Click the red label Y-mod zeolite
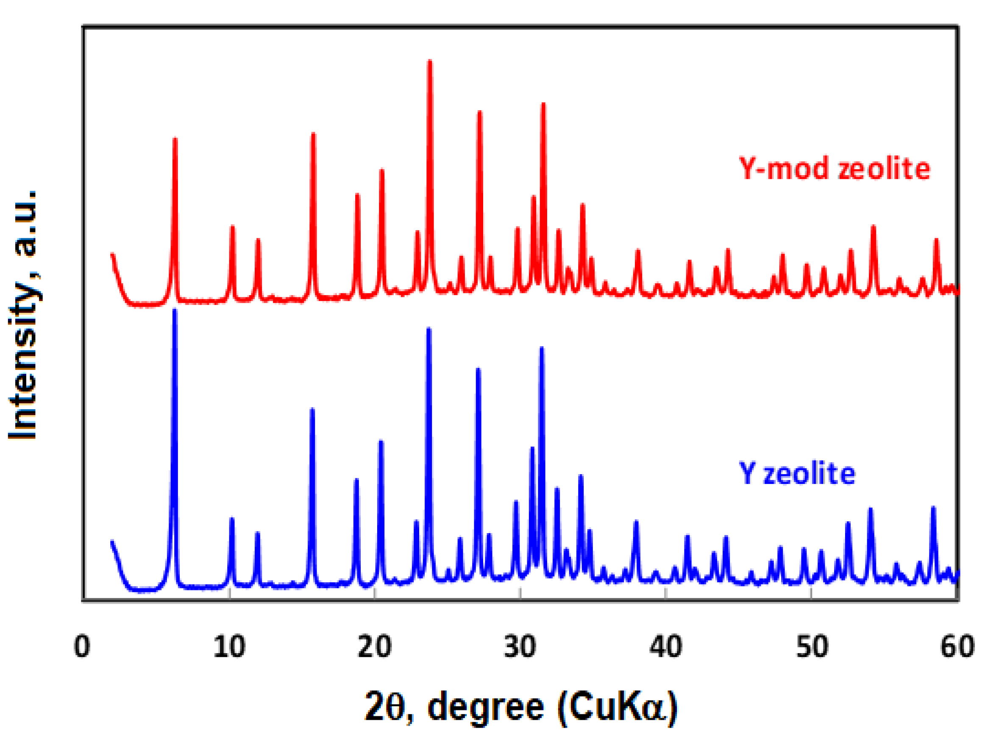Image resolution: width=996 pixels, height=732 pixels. pyautogui.click(x=835, y=169)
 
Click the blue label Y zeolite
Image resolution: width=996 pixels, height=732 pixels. pyautogui.click(x=797, y=474)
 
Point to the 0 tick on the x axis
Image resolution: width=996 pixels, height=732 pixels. pyautogui.click(x=82, y=647)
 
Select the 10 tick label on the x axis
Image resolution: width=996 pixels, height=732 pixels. pyautogui.click(x=229, y=647)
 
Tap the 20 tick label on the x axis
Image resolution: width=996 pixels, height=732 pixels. pyautogui.click(x=375, y=647)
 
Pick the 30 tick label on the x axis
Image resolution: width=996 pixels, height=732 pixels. pyautogui.click(x=520, y=647)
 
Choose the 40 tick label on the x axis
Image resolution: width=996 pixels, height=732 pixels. pyautogui.click(x=665, y=647)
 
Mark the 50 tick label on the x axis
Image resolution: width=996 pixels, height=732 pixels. pyautogui.click(x=812, y=647)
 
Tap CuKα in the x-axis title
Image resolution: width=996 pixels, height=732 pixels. pyautogui.click(x=618, y=708)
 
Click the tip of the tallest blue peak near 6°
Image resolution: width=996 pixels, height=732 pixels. pyautogui.click(x=175, y=310)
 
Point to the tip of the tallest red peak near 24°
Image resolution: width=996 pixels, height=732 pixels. pyautogui.click(x=430, y=61)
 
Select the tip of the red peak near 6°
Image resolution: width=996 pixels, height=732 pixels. pyautogui.click(x=175, y=139)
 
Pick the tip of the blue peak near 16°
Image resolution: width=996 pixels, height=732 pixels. pyautogui.click(x=312, y=409)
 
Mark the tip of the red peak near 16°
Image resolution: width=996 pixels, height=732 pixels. pyautogui.click(x=313, y=134)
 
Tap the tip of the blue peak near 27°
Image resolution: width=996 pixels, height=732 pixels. pyautogui.click(x=478, y=369)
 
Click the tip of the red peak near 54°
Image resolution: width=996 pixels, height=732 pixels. pyautogui.click(x=874, y=226)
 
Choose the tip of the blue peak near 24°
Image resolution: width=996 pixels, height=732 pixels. pyautogui.click(x=428, y=329)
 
